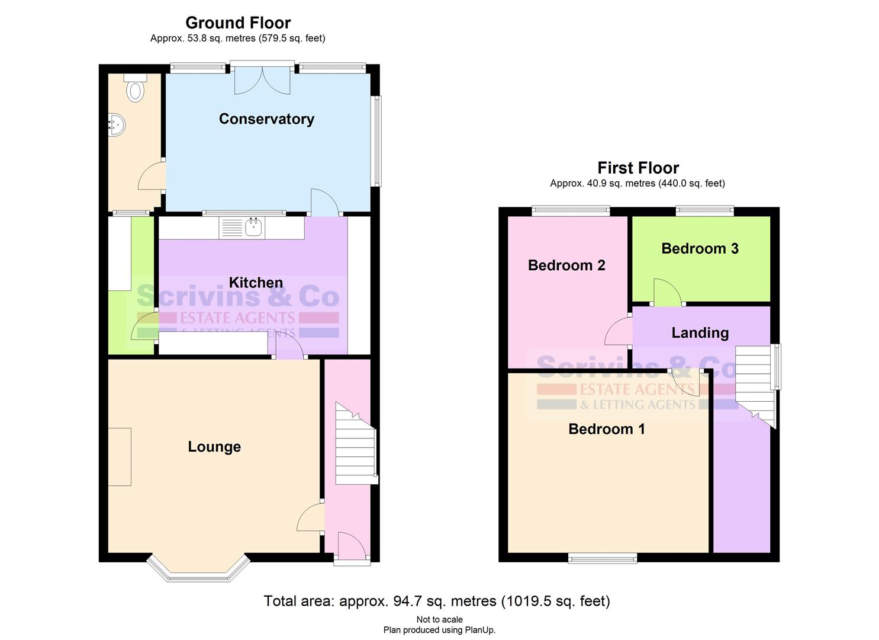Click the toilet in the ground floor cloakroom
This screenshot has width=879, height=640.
tap(136, 88)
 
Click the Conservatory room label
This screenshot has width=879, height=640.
tap(266, 119)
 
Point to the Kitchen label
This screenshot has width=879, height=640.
tap(256, 283)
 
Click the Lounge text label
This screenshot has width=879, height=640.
tap(214, 447)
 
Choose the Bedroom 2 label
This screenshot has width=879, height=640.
tap(566, 265)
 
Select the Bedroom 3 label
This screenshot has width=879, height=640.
tap(700, 248)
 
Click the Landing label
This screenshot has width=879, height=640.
tap(700, 333)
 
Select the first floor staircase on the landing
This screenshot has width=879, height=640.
tap(755, 382)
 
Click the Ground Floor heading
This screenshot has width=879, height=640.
tap(238, 23)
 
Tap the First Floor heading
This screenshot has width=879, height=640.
tap(637, 168)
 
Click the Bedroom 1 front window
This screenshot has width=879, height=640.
tap(603, 557)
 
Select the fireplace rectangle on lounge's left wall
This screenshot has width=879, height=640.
tap(120, 457)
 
